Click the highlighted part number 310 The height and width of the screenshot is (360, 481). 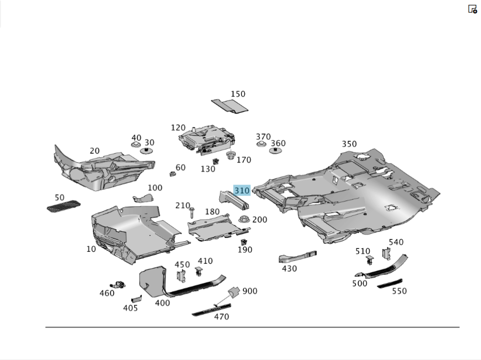[x=242, y=190]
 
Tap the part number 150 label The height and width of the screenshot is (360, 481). [x=238, y=94]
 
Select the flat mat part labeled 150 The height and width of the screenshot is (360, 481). [x=230, y=106]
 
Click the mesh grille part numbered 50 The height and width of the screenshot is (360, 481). [x=63, y=206]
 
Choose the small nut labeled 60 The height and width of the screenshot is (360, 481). [x=171, y=174]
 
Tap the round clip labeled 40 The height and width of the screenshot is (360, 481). [x=136, y=145]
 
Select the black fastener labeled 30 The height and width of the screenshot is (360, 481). [x=146, y=151]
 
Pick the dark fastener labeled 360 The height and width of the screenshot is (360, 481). [x=275, y=151]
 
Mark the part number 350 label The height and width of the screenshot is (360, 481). [x=349, y=144]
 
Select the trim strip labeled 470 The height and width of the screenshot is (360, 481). [x=211, y=310]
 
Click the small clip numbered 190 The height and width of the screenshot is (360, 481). [x=244, y=242]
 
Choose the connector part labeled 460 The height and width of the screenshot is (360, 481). [x=117, y=285]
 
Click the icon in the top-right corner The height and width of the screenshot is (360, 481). [x=472, y=9]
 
